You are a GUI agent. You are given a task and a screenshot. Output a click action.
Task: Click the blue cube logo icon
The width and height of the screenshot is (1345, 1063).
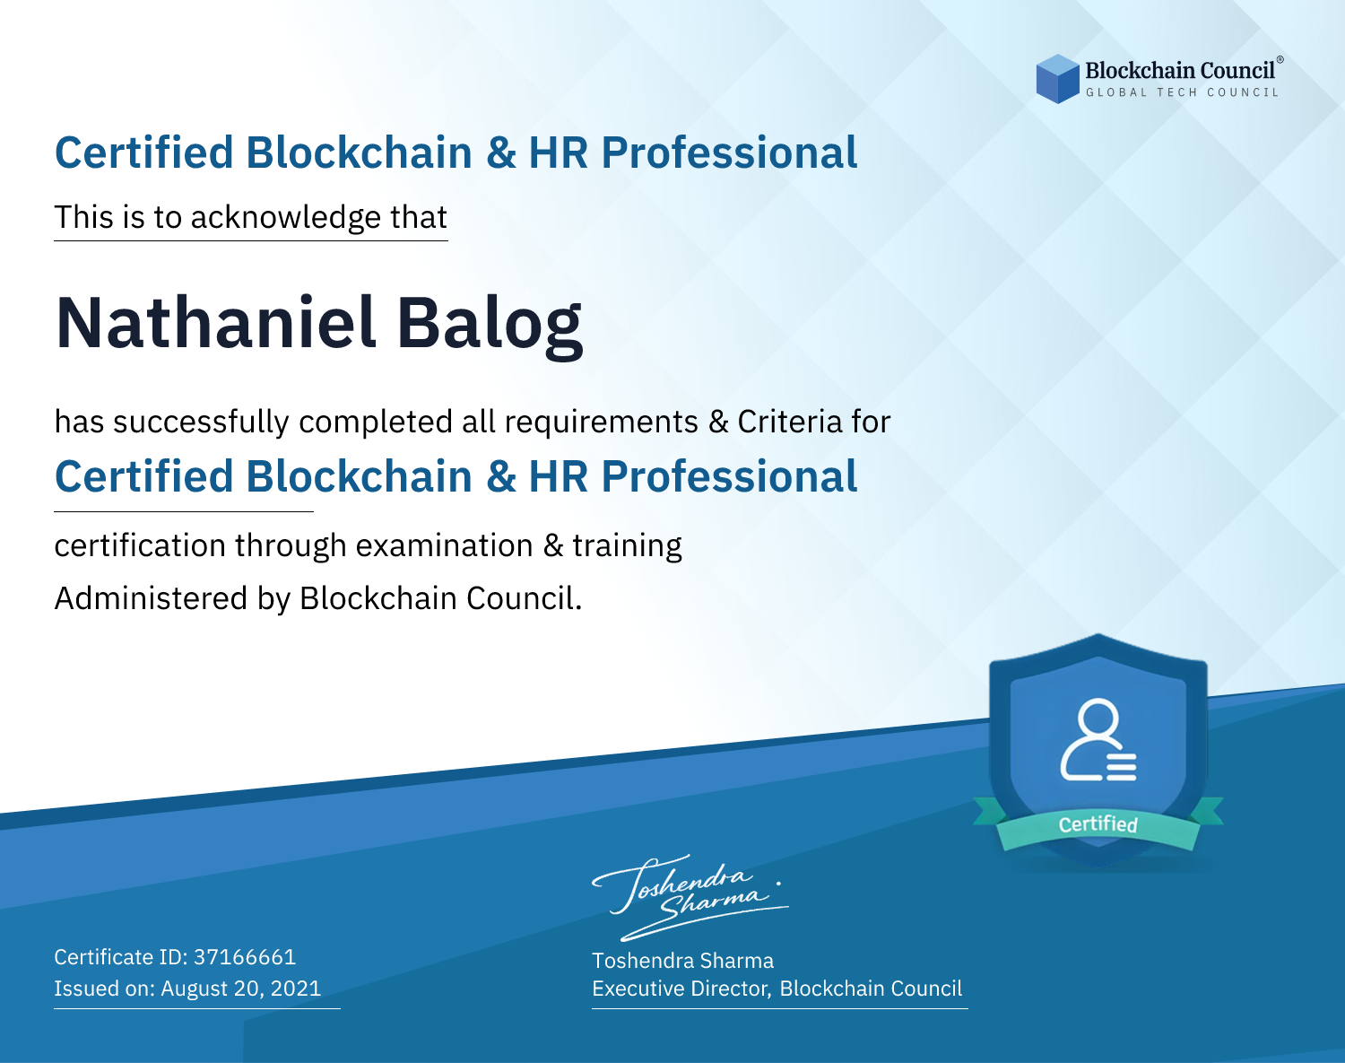coord(1057,79)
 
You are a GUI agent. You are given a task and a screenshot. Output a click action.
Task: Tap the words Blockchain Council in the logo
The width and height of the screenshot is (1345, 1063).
coord(1180,71)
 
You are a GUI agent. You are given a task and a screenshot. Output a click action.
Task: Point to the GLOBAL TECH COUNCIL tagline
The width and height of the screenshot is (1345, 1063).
coord(1183,92)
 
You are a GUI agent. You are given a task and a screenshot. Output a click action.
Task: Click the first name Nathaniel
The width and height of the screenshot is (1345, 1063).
coord(215,323)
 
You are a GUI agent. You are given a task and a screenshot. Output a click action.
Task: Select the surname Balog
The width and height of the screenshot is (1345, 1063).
coord(490,327)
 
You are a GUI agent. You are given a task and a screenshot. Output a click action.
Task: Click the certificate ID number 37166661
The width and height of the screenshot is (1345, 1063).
coord(245,956)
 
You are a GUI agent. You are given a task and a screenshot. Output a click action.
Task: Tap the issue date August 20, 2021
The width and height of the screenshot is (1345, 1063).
coord(240,989)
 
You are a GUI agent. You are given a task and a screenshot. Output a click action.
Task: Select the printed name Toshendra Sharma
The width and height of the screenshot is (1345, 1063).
coord(682,961)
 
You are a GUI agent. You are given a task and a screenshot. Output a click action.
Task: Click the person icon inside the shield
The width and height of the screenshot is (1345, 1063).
coord(1098,740)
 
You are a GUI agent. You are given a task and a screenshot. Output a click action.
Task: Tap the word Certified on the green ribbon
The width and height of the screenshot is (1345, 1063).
coord(1098,824)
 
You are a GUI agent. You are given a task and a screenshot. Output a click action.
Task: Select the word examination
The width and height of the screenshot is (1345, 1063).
coord(445,545)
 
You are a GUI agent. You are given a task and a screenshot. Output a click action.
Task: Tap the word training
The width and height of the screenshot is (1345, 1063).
coord(627,546)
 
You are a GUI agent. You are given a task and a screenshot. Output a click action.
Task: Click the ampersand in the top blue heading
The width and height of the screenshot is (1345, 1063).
coord(500,152)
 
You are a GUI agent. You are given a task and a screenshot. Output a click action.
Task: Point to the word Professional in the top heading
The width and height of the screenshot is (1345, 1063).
coord(729,152)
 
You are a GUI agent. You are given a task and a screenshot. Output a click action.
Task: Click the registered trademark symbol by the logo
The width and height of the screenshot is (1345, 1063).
coord(1280,60)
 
